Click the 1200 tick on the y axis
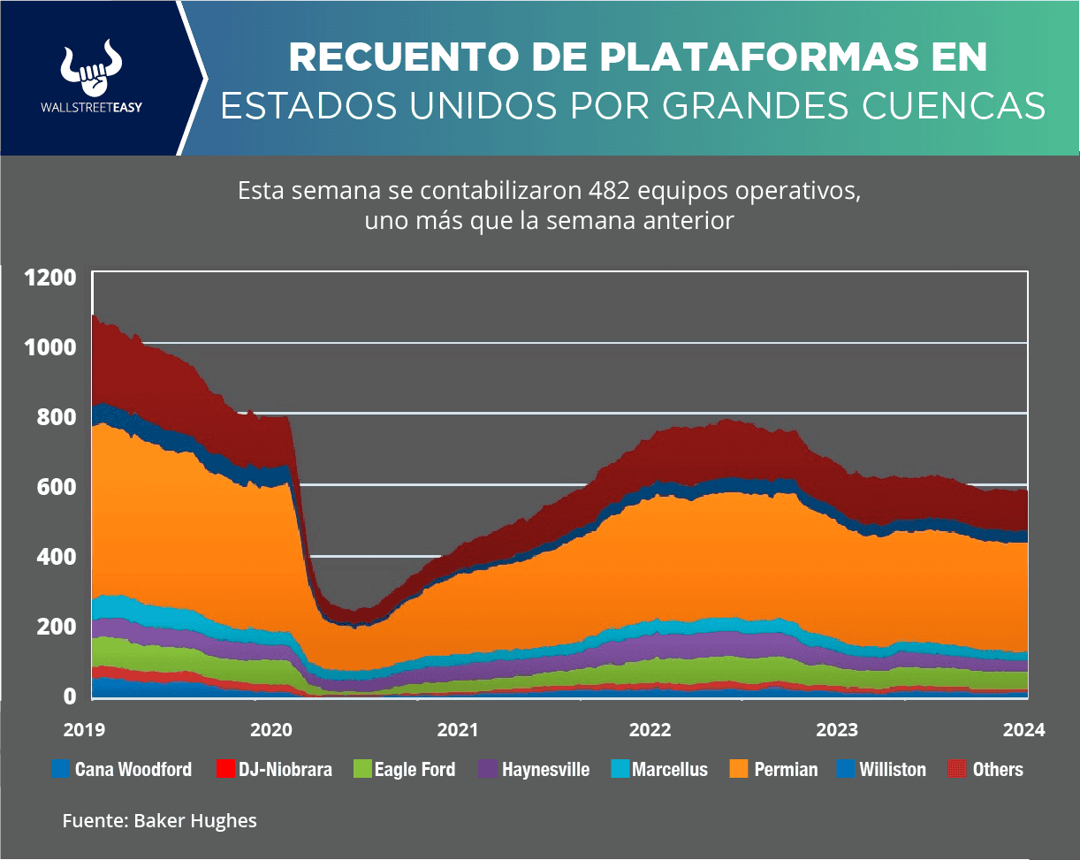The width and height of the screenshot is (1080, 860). click(x=50, y=278)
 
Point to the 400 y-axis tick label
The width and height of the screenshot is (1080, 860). click(x=58, y=557)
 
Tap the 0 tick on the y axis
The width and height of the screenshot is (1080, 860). click(x=70, y=696)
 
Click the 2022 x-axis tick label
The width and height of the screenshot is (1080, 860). click(x=650, y=730)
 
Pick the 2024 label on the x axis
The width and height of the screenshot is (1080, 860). click(x=1024, y=730)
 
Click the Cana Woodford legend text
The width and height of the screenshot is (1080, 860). click(x=133, y=770)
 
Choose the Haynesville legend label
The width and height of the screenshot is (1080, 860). click(x=545, y=770)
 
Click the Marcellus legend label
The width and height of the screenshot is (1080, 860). click(x=669, y=770)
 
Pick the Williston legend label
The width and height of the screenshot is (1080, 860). click(x=893, y=770)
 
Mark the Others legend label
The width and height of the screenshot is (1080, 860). click(x=998, y=770)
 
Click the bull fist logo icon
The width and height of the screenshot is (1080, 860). click(x=91, y=69)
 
